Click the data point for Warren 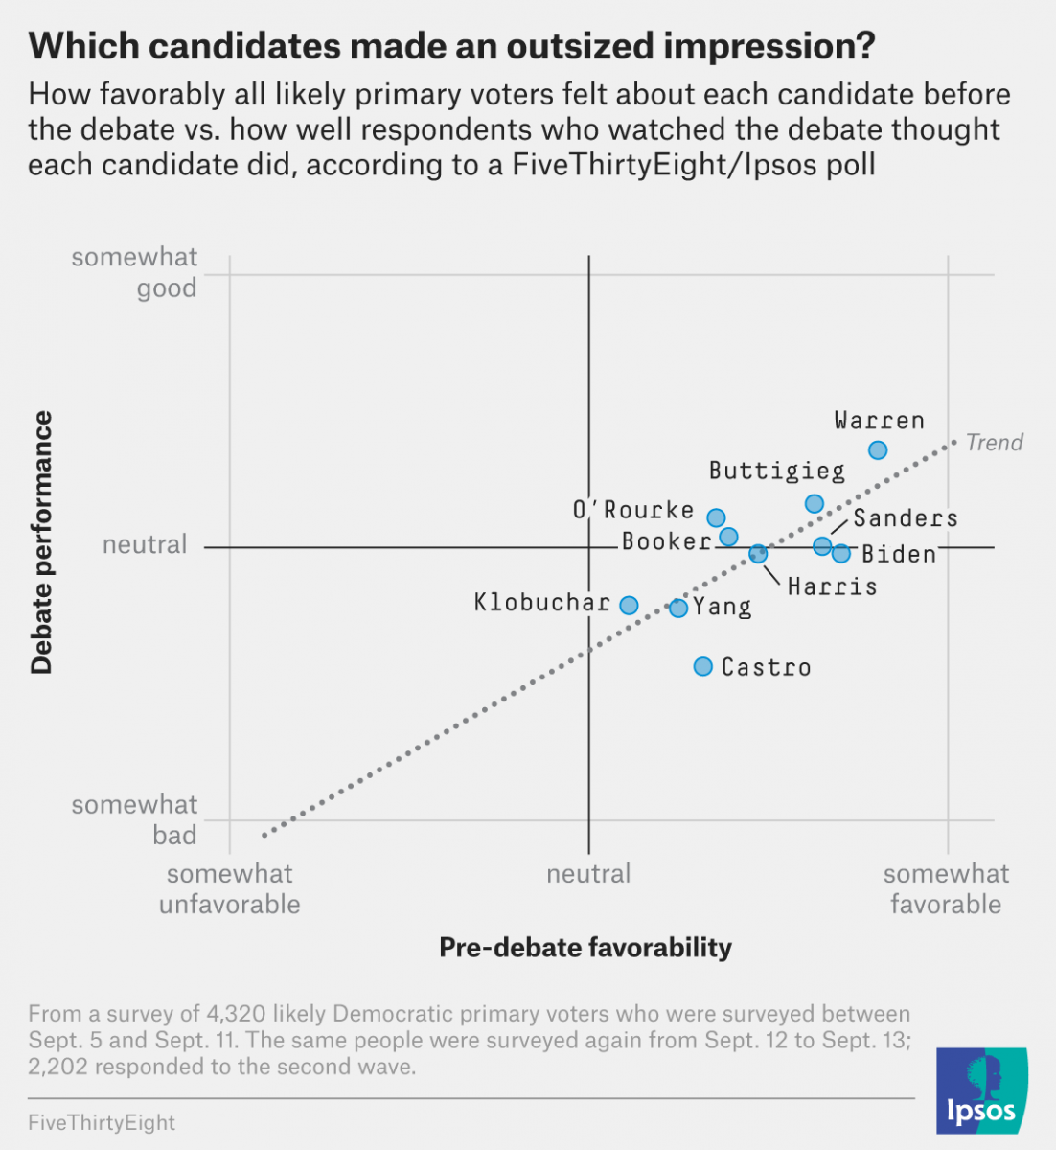[878, 450]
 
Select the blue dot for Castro [703, 666]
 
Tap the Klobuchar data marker [629, 605]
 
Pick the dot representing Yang [678, 608]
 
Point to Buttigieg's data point [815, 504]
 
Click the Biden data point [841, 553]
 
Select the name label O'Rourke [633, 510]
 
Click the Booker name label [666, 541]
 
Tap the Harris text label [832, 586]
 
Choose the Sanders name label [906, 518]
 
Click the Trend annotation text [995, 443]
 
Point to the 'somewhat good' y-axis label [135, 272]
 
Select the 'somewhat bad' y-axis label [135, 819]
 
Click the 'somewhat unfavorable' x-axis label [230, 888]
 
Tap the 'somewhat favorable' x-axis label [946, 888]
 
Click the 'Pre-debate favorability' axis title [585, 948]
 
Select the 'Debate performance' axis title [41, 542]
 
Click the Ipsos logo [981, 1092]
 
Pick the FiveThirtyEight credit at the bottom [102, 1122]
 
